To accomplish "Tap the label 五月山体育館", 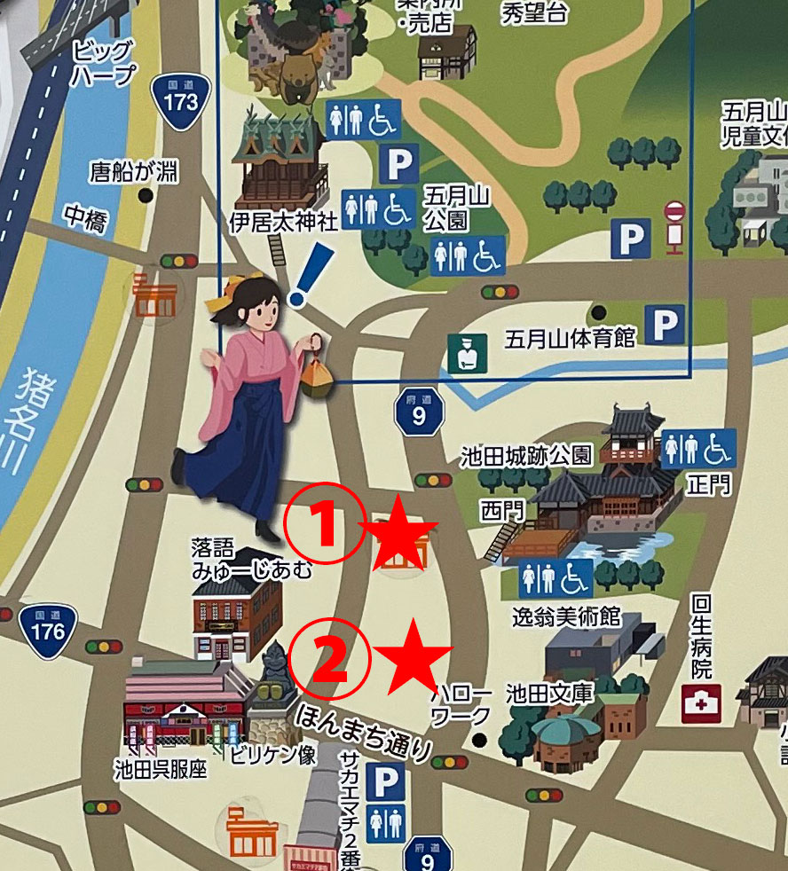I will (571, 338).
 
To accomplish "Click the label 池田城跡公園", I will (526, 457).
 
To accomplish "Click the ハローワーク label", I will (460, 703).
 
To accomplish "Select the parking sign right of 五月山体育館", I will (664, 325).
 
